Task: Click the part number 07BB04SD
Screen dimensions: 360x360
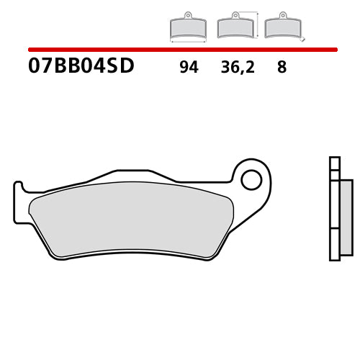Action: tap(81, 68)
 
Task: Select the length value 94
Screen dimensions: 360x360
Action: tap(189, 68)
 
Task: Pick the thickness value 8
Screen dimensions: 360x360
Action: tap(282, 68)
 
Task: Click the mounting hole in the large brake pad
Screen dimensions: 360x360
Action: tap(251, 179)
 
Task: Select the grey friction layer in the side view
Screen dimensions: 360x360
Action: tap(346, 216)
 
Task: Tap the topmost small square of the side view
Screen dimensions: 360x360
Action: tap(333, 163)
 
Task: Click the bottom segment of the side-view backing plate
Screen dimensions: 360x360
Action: tap(333, 245)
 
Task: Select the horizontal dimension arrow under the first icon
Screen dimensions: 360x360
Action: tap(187, 42)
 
